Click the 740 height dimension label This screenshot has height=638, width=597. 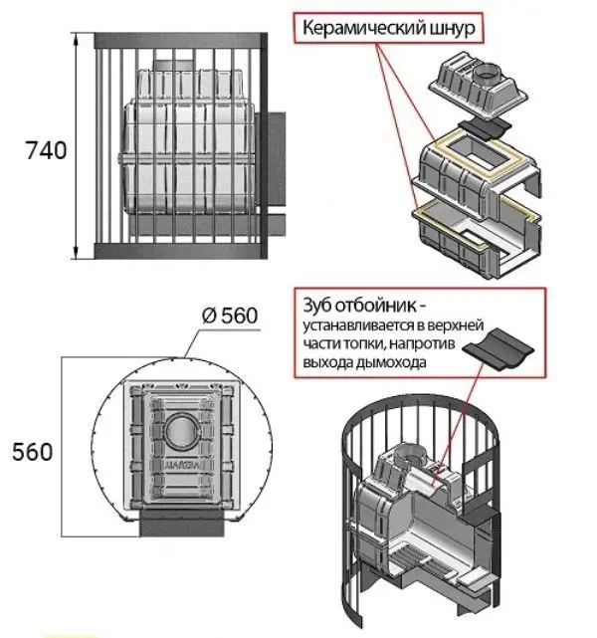[x=46, y=151]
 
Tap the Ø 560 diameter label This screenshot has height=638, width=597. [x=229, y=317]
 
